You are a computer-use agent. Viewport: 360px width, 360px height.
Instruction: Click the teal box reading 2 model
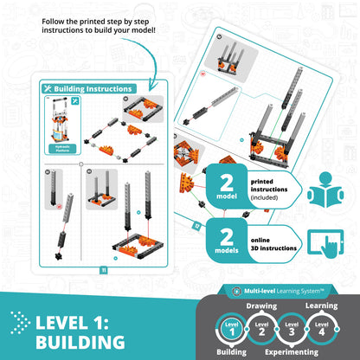[228, 190]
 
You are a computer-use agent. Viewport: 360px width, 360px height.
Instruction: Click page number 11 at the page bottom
[102, 270]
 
